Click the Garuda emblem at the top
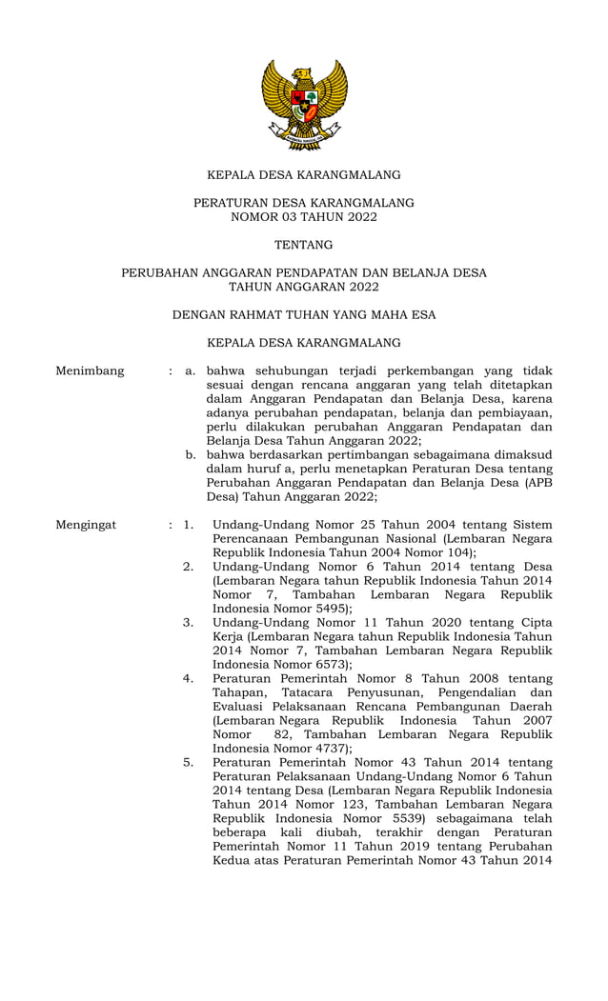click(304, 104)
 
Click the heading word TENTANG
click(304, 245)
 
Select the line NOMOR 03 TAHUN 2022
click(304, 217)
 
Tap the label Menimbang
click(90, 370)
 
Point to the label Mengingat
click(86, 524)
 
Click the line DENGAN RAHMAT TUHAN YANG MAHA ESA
click(304, 314)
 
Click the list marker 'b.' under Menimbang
click(191, 454)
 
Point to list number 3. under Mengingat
click(189, 623)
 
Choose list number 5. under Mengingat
click(189, 762)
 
